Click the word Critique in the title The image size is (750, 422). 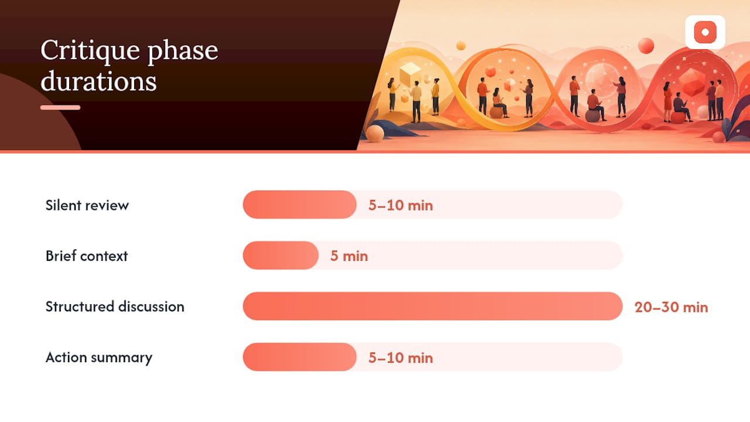90,51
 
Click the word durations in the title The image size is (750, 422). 98,81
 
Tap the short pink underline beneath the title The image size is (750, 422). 60,107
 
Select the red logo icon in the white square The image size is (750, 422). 705,32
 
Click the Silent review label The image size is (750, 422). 87,205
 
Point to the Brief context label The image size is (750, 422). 87,256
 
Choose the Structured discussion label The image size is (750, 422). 115,307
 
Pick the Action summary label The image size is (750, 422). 99,358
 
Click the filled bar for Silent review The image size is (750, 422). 299,205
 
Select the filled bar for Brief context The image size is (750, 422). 281,255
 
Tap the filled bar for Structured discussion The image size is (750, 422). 432,306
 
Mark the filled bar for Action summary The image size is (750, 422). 299,357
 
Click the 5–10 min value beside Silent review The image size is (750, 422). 400,205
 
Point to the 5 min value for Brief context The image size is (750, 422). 349,256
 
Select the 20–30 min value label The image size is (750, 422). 671,307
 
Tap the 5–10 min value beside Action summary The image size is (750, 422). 400,358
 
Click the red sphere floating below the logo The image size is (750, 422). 646,46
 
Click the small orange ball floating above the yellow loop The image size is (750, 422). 461,46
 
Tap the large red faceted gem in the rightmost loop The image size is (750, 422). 692,81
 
